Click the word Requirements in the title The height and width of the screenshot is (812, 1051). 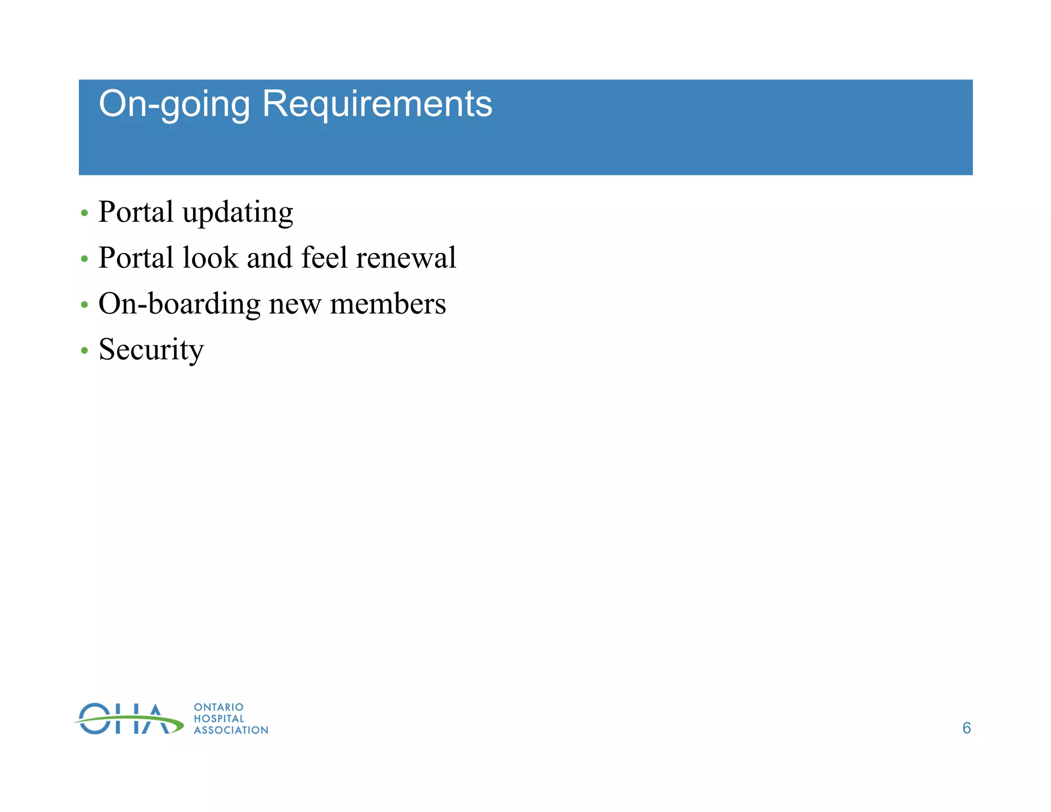[x=377, y=104]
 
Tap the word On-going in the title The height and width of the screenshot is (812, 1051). [x=174, y=104]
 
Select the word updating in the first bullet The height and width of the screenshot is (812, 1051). [x=238, y=212]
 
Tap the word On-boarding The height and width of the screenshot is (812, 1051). [x=179, y=304]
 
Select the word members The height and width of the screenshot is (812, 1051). [x=388, y=304]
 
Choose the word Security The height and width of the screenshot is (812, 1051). [x=151, y=350]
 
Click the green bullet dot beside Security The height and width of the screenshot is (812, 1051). [x=85, y=351]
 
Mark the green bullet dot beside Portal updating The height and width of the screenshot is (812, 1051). [x=85, y=213]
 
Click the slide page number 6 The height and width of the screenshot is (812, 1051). [x=966, y=728]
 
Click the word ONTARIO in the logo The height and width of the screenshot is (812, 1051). [x=219, y=707]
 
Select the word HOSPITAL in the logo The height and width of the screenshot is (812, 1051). [x=219, y=719]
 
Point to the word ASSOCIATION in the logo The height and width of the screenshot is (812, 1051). [x=231, y=730]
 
